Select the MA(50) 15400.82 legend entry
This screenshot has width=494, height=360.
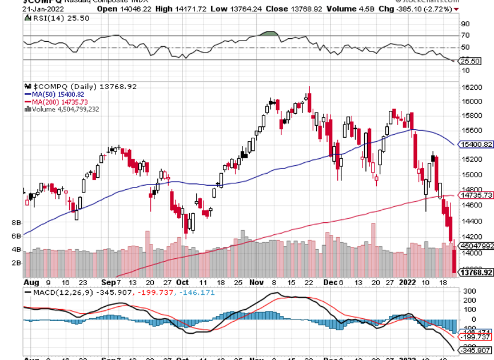coord(56,94)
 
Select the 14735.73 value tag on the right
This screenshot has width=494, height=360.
coord(476,195)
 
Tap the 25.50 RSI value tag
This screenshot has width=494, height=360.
coord(472,61)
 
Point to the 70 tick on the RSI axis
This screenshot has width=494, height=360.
coord(465,36)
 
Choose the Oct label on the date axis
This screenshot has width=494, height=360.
coord(182,282)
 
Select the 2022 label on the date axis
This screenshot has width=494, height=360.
coord(407,282)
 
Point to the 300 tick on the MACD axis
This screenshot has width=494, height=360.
coord(469,291)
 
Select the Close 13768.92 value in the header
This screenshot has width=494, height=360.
coord(292,9)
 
